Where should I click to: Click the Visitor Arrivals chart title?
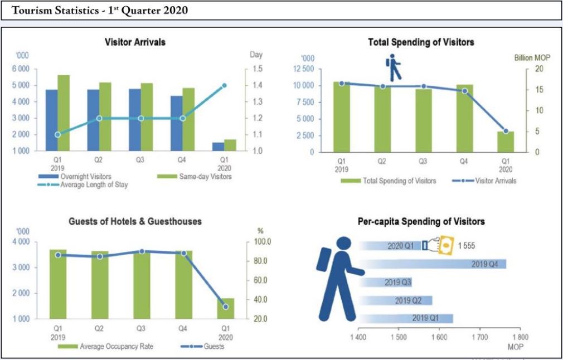coord(135,42)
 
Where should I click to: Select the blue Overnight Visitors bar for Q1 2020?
coord(218,146)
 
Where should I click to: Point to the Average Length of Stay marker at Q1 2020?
coord(224,86)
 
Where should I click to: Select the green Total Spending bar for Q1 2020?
coord(506,142)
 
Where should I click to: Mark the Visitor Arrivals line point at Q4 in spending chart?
coord(464,91)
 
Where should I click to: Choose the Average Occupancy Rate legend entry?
coord(116,347)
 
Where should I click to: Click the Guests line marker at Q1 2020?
coord(225,307)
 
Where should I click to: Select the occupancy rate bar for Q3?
coord(142,284)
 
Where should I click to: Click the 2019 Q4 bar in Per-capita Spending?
coord(432,264)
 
